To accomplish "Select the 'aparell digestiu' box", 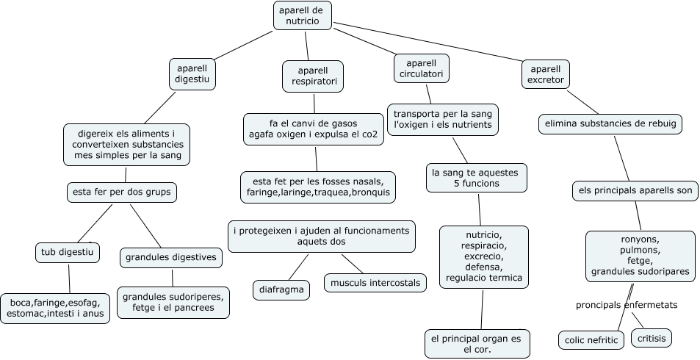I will (192, 74).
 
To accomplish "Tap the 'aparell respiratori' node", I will (313, 76).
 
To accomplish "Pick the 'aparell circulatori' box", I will (421, 68).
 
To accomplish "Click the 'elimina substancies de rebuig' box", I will (610, 124).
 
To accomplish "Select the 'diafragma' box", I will (281, 289).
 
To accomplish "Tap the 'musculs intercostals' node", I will (375, 282).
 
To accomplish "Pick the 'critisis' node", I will (651, 338).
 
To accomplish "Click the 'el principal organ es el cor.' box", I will (477, 344).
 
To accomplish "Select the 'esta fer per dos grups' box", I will (122, 192).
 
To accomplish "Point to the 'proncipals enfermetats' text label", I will (626, 304).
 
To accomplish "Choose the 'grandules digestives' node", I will (170, 257).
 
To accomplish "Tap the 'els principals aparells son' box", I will (635, 191).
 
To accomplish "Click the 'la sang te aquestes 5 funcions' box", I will (476, 178).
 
